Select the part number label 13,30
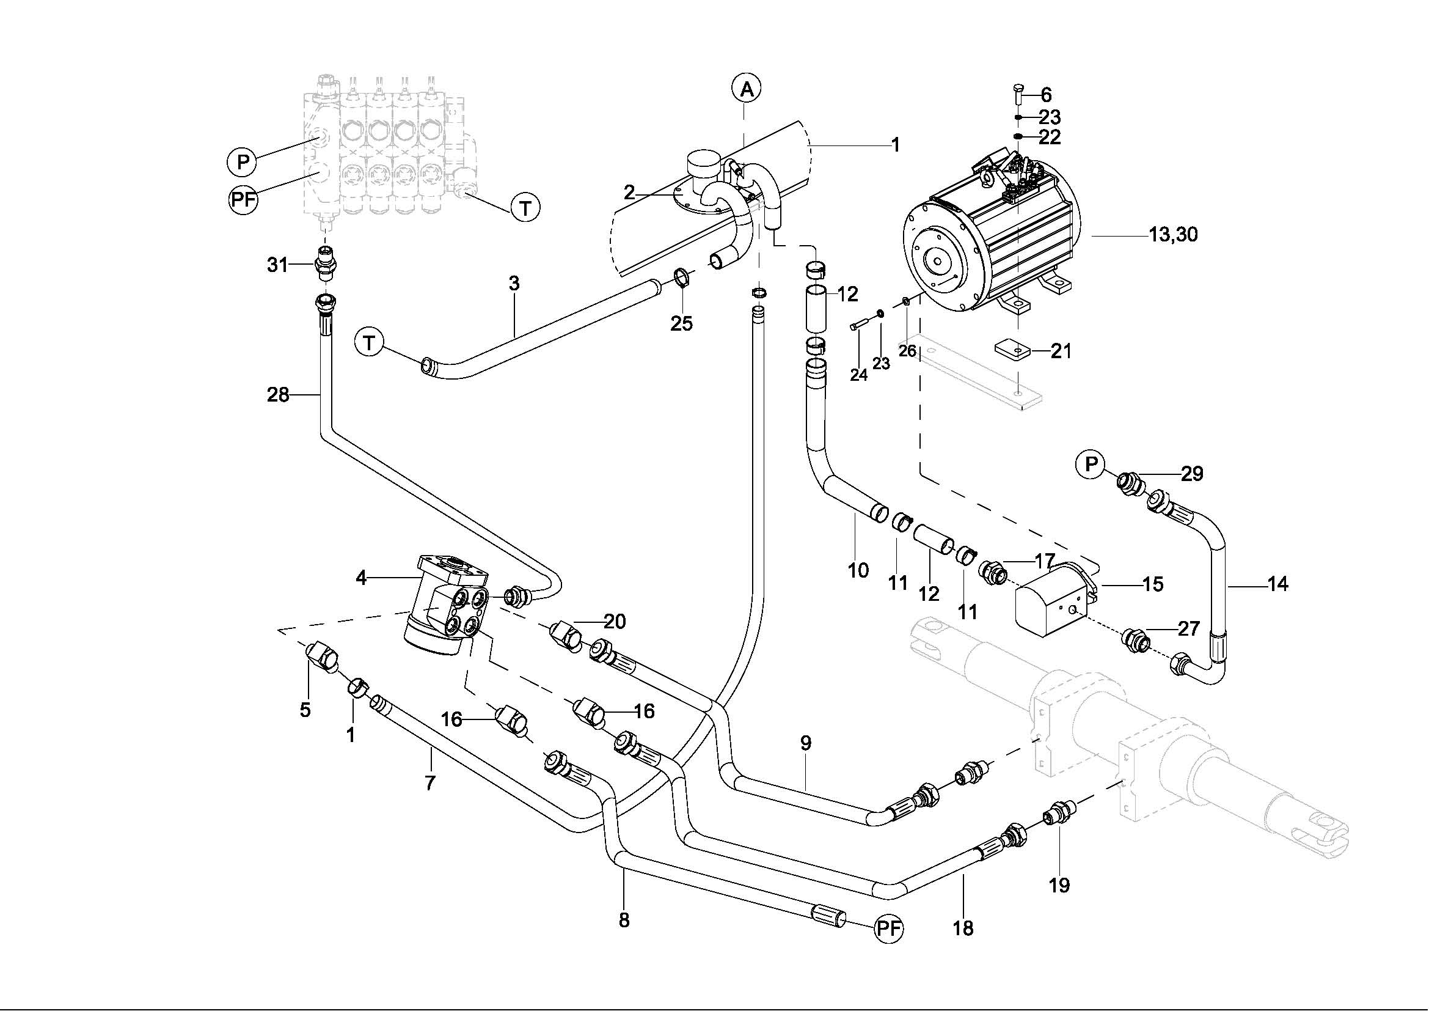click(x=1173, y=235)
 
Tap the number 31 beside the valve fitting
click(x=277, y=265)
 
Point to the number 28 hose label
click(x=278, y=395)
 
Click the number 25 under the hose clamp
click(x=682, y=324)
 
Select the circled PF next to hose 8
click(x=888, y=929)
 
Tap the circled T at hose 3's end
click(x=370, y=343)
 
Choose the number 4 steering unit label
click(x=361, y=578)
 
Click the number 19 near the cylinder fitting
click(x=1059, y=884)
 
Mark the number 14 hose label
click(x=1277, y=584)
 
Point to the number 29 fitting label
click(x=1192, y=474)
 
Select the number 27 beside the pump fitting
click(x=1188, y=629)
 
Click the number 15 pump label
click(x=1153, y=584)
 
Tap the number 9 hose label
click(x=806, y=743)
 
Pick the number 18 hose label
click(x=963, y=928)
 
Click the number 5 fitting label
click(x=305, y=710)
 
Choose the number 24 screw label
click(x=859, y=375)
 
